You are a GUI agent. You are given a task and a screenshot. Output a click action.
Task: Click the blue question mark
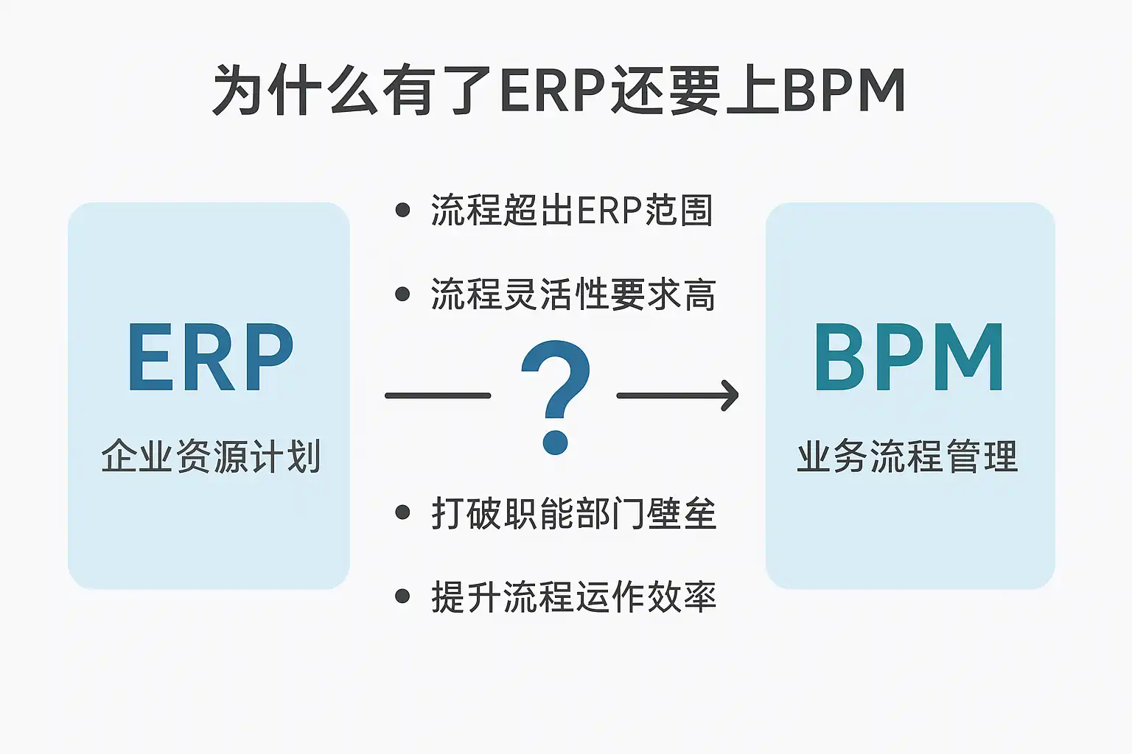555,397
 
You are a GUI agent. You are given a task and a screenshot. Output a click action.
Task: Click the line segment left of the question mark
438,395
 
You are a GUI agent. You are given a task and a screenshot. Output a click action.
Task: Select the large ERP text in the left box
210,357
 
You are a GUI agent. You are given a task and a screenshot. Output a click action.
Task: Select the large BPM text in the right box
909,357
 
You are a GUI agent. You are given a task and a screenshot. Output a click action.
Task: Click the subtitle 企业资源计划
211,456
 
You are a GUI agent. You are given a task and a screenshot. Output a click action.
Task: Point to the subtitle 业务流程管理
908,456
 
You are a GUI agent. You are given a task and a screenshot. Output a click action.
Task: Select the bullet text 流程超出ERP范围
572,210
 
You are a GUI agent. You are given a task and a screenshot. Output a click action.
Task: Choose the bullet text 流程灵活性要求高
573,294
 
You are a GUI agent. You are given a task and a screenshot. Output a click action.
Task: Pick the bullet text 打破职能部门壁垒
574,513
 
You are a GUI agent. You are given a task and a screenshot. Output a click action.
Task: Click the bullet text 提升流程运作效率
574,596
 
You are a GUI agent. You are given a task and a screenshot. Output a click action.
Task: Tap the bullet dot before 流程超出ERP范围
402,210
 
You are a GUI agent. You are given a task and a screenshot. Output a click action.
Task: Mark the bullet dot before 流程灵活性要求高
402,294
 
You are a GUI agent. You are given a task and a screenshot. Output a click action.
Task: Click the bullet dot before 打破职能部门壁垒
402,512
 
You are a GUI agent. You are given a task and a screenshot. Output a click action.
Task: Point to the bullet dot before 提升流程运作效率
402,596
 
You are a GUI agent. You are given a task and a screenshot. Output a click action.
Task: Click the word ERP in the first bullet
609,210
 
